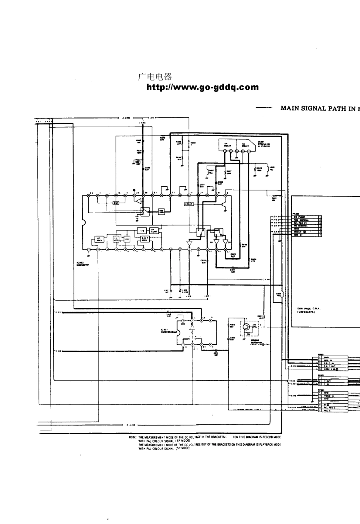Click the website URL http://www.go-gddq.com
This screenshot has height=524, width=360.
coord(202,87)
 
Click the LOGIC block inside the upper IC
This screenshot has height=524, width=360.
coord(189,204)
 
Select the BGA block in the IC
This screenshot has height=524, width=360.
coord(116,203)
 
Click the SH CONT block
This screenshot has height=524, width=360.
coord(154,231)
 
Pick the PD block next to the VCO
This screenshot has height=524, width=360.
coord(127,239)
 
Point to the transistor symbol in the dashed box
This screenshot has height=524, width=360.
coord(247,327)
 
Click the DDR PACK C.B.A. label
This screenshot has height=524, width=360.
coord(309,309)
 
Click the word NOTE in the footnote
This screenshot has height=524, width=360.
coord(133,437)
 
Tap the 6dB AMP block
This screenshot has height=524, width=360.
coord(161,211)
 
